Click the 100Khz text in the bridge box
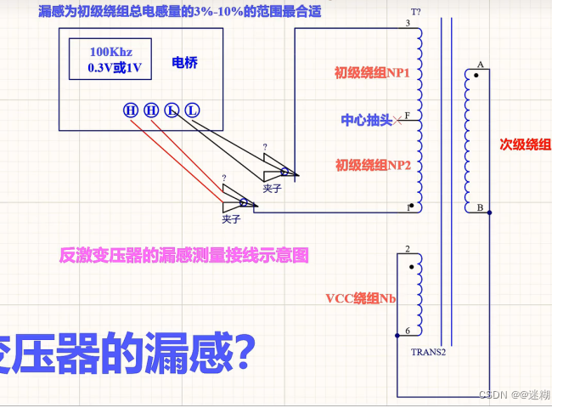110,52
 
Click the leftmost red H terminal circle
131,110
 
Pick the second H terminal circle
151,110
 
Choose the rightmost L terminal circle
193,110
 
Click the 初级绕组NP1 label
373,73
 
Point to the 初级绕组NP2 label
373,165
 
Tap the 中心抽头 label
367,120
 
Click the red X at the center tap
397,121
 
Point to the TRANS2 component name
429,351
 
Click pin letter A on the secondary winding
481,65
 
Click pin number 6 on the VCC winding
408,331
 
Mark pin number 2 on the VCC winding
408,249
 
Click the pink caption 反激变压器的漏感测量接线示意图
183,253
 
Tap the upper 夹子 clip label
272,189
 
